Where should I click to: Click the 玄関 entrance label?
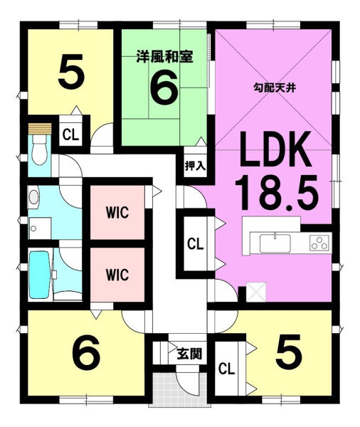pyautogui.click(x=189, y=354)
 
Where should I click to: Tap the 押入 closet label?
pyautogui.click(x=195, y=166)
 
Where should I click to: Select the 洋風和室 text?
pyautogui.click(x=165, y=57)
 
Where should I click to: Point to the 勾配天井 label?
pyautogui.click(x=275, y=88)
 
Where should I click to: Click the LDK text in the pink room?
pyautogui.click(x=275, y=149)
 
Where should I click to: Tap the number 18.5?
pyautogui.click(x=276, y=192)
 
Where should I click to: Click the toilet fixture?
pyautogui.click(x=40, y=150)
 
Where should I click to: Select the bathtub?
pyautogui.click(x=40, y=275)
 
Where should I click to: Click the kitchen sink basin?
pyautogui.click(x=275, y=243)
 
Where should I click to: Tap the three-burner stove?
pyautogui.click(x=319, y=243)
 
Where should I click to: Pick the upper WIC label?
pyautogui.click(x=117, y=213)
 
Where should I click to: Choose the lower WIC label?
pyautogui.click(x=117, y=275)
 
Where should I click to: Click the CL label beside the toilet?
pyautogui.click(x=70, y=135)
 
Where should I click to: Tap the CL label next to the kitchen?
pyautogui.click(x=195, y=244)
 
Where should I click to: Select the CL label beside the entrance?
pyautogui.click(x=226, y=369)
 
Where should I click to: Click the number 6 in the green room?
pyautogui.click(x=164, y=88)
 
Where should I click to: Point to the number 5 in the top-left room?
pyautogui.click(x=71, y=71)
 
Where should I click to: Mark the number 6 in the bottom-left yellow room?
pyautogui.click(x=86, y=352)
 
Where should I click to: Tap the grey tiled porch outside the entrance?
pyautogui.click(x=180, y=389)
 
